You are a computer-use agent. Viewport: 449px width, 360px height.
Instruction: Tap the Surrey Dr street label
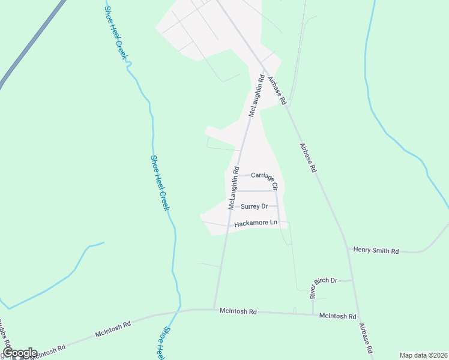[254, 206]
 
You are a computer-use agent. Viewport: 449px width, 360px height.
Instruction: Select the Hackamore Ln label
[256, 223]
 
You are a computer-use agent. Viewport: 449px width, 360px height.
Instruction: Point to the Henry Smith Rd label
[376, 250]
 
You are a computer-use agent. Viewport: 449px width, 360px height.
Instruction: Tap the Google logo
[20, 353]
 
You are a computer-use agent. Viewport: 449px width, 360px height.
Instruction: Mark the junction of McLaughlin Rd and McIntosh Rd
[215, 310]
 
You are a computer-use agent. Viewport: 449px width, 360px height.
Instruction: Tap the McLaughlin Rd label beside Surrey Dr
[234, 188]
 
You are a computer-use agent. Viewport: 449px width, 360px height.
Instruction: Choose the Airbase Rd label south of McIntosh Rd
[367, 338]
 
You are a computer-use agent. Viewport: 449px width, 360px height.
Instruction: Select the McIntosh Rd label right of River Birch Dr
[338, 316]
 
